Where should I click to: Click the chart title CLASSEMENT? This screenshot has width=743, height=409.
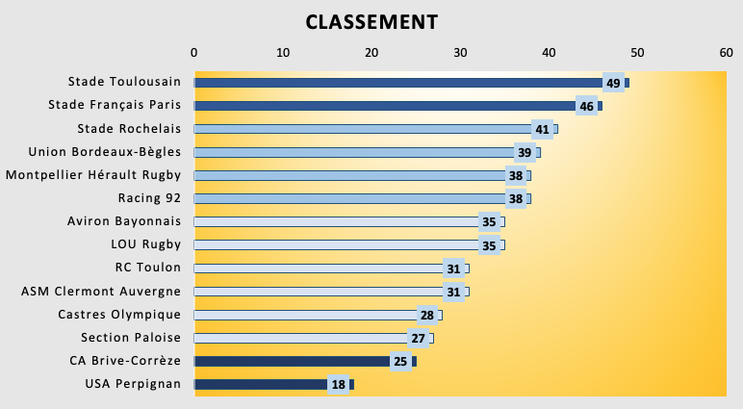[x=371, y=21]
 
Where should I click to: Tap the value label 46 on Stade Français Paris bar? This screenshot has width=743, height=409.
[x=586, y=106]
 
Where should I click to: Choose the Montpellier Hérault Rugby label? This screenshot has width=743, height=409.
[x=93, y=175]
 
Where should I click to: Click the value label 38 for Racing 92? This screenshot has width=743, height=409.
[x=516, y=199]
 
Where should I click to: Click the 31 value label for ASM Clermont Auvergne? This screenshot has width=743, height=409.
[x=453, y=292]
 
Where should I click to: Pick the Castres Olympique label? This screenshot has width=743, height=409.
[x=119, y=315]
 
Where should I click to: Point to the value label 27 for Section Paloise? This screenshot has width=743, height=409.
[x=419, y=338]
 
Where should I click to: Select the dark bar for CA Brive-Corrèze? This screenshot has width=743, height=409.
[x=289, y=361]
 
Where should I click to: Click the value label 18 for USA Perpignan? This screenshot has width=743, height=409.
[x=338, y=385]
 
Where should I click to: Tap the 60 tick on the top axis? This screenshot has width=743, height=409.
[x=727, y=53]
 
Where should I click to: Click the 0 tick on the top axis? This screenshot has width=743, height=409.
[x=194, y=53]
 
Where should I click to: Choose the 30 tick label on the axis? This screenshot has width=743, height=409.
[x=460, y=53]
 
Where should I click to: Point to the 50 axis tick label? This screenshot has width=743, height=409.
[x=637, y=53]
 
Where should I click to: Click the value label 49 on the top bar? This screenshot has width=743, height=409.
[x=613, y=83]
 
